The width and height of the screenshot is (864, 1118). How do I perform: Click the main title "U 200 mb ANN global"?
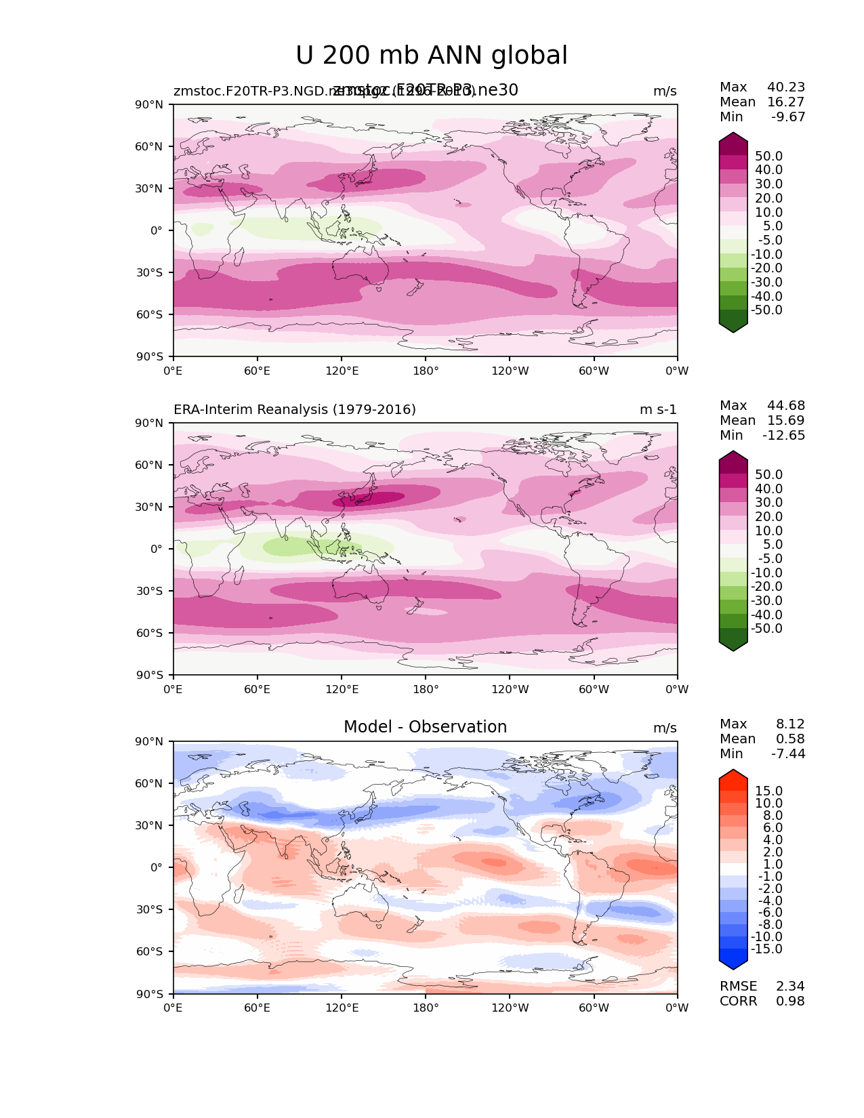tap(432, 56)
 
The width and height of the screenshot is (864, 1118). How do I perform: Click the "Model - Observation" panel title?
tap(425, 727)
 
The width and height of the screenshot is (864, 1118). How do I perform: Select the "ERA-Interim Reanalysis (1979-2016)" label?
tap(295, 409)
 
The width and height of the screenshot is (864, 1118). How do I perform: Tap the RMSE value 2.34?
tap(790, 986)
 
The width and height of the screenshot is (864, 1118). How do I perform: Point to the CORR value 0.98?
tap(790, 1001)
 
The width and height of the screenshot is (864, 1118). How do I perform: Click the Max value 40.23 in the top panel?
tap(786, 87)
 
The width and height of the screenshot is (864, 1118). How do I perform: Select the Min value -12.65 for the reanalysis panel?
tap(784, 435)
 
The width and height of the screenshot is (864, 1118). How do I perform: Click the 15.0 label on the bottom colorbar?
tap(768, 791)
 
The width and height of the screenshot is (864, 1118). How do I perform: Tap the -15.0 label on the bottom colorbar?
tap(766, 949)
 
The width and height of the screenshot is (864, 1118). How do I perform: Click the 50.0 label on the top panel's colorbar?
tap(768, 156)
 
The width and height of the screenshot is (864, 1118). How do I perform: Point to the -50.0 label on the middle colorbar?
tap(766, 628)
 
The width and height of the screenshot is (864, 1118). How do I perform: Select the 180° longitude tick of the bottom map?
tap(426, 1008)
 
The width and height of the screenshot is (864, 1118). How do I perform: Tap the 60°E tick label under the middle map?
tap(258, 689)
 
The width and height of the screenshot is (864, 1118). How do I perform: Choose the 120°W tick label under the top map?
tap(510, 371)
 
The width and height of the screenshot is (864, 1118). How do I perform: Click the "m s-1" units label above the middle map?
tap(658, 409)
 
